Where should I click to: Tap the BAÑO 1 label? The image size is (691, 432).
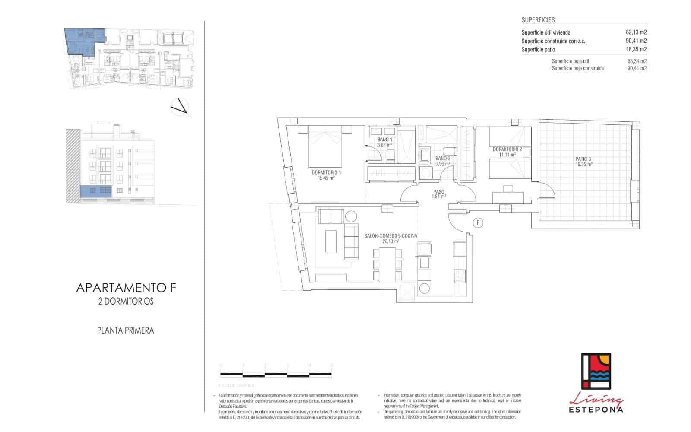point(384,142)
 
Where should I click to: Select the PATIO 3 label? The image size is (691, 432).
point(583,162)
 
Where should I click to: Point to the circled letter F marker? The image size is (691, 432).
point(478,222)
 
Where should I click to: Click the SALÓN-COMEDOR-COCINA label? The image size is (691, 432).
point(390,238)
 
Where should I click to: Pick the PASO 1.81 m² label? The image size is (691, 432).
point(438,194)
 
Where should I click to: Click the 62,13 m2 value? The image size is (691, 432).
point(636,32)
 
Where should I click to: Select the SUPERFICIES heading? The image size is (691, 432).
point(538,20)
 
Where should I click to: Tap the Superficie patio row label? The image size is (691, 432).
point(538,50)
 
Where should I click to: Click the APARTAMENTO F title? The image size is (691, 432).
point(126,288)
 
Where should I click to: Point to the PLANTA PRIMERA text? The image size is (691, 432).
point(126,330)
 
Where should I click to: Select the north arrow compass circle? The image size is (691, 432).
point(180,107)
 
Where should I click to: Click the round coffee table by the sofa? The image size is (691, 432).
point(350,216)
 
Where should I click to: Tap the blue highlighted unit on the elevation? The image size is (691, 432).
point(95,191)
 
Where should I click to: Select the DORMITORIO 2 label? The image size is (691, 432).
point(507,152)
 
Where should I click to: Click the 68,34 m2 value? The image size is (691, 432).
point(637,61)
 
